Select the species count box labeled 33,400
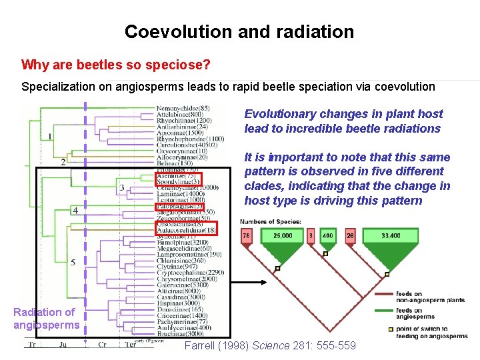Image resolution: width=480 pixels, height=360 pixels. click(391, 235)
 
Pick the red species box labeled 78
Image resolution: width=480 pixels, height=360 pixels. click(246, 235)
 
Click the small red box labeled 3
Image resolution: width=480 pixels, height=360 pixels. click(310, 235)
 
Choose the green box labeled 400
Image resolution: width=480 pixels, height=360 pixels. click(327, 235)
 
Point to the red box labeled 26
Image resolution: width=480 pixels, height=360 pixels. click(351, 235)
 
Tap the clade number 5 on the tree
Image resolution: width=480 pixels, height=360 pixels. click(73, 262)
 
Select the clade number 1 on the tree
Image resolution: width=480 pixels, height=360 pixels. click(50, 137)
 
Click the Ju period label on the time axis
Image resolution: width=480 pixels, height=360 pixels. click(63, 345)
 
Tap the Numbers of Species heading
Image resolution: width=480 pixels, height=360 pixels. click(271, 221)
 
